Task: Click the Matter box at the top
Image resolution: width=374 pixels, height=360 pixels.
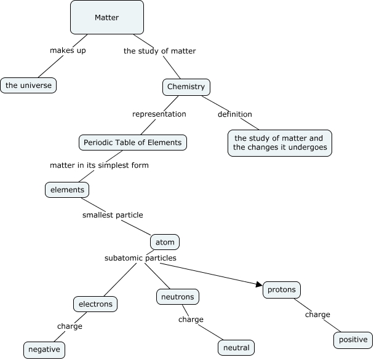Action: [107, 17]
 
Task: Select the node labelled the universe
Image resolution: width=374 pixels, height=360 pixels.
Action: [28, 85]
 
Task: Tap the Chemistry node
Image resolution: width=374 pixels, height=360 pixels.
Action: [186, 87]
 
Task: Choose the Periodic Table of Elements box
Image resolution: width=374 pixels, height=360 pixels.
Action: [133, 143]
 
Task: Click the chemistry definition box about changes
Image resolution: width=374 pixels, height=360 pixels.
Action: [279, 143]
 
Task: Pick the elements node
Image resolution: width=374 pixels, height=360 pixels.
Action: [67, 190]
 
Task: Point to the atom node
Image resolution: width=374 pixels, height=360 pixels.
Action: [165, 242]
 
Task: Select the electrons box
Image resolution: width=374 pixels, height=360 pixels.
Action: [95, 303]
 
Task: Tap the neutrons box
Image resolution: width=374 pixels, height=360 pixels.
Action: [177, 297]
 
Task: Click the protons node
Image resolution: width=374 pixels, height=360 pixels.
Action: [282, 289]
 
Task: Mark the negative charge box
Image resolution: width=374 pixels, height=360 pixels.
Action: [44, 350]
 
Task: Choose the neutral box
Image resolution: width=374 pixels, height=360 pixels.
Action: [236, 348]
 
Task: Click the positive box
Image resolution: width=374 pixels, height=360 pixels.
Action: [353, 340]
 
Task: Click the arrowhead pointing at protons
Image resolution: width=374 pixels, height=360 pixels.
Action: [258, 283]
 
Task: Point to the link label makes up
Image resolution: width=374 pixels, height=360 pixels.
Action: [68, 50]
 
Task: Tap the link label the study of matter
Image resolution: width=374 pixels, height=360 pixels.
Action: [159, 51]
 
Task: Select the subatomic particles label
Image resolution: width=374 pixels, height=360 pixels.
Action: [140, 258]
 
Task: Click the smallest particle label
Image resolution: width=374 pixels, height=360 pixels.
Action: [113, 215]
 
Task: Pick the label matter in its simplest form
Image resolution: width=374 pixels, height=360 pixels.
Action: [99, 165]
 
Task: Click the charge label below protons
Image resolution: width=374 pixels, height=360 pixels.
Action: [317, 315]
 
